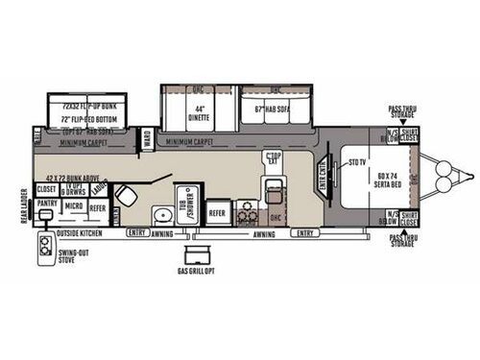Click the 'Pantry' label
coord(47,204)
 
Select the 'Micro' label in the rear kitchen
coord(73,204)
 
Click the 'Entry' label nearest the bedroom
coord(306,231)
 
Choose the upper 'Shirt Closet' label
coord(409,135)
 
